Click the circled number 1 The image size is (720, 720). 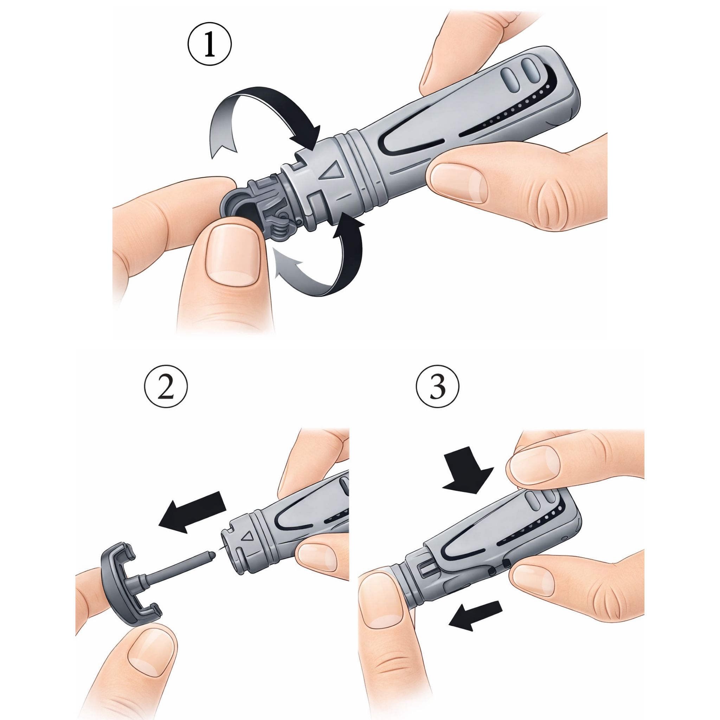(x=209, y=44)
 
